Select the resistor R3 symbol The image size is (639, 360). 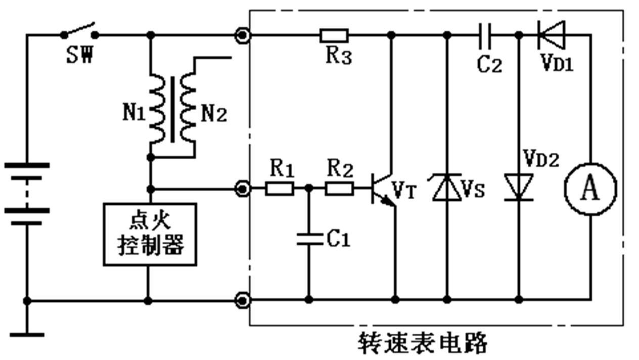tap(334, 35)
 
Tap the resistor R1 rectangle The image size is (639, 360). tap(280, 189)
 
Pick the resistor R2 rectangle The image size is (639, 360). tap(339, 189)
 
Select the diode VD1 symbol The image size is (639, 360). tap(551, 35)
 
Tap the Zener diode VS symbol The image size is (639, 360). tap(446, 187)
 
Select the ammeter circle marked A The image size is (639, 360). tap(590, 189)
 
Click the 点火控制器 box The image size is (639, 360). tap(150, 234)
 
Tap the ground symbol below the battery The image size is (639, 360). tap(27, 334)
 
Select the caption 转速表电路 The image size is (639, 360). tap(423, 343)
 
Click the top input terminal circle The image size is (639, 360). tap(243, 35)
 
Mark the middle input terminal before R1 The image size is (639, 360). tap(243, 189)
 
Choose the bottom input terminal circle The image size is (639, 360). tap(243, 300)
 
